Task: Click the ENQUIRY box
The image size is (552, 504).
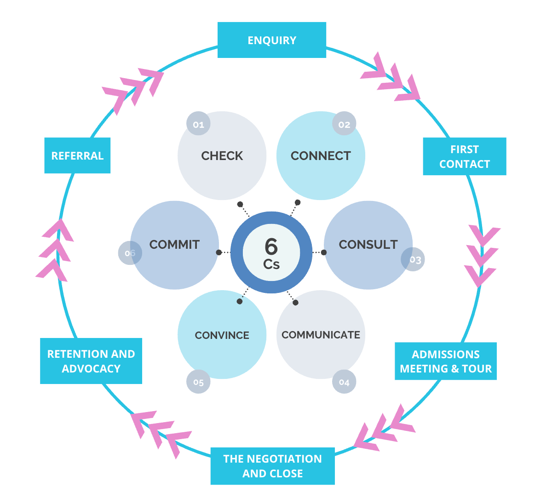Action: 271,40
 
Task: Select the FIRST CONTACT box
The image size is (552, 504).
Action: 465,156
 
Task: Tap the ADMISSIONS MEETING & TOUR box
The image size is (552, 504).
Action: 446,361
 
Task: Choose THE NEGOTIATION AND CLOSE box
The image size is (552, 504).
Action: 272,466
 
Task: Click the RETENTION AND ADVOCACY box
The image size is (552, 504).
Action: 91,361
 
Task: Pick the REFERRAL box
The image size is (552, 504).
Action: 77,155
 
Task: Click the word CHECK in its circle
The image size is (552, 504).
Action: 222,156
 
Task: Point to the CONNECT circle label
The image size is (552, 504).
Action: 321,156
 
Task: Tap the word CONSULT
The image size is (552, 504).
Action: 368,245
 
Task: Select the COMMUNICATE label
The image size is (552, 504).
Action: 321,335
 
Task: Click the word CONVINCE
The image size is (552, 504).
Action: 222,335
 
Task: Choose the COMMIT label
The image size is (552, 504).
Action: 174,245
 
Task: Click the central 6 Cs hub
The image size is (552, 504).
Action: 271,252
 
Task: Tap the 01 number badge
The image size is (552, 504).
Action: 198,124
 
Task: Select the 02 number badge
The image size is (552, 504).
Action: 344,124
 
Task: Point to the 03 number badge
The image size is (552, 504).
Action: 413,259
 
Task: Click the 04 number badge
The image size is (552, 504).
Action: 344,382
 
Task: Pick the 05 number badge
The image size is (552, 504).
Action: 198,382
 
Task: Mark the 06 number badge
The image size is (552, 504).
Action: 130,253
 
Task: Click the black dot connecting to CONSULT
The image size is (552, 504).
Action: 324,252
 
